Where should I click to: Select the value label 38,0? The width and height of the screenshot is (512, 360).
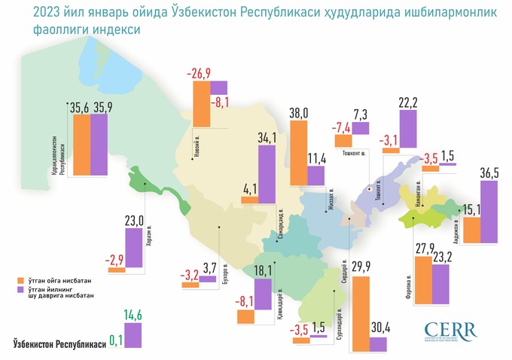pyautogui.click(x=300, y=114)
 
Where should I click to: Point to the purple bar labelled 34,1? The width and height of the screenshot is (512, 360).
pyautogui.click(x=267, y=175)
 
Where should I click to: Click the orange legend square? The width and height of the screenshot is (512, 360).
pyautogui.click(x=20, y=279)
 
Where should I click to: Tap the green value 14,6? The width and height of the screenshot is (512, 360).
pyautogui.click(x=133, y=316)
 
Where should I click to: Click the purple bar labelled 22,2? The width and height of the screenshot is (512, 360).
pyautogui.click(x=407, y=128)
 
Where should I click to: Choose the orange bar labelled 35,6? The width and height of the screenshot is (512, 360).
pyautogui.click(x=78, y=145)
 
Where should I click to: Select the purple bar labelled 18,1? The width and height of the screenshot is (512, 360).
pyautogui.click(x=264, y=301)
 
